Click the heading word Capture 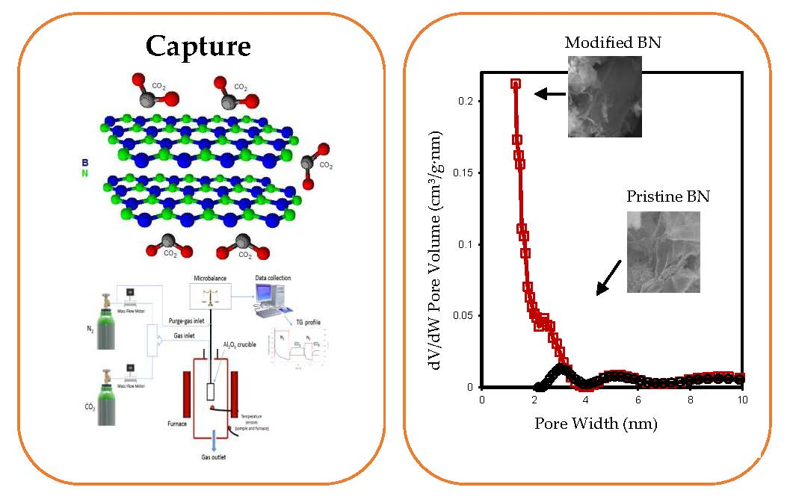[198, 46]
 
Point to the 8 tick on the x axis [690, 400]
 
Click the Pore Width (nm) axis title [596, 424]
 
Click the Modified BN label [613, 43]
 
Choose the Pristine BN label [667, 197]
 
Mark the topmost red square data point [516, 84]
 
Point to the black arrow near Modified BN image [550, 93]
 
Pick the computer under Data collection [272, 301]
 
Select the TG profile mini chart [297, 350]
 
